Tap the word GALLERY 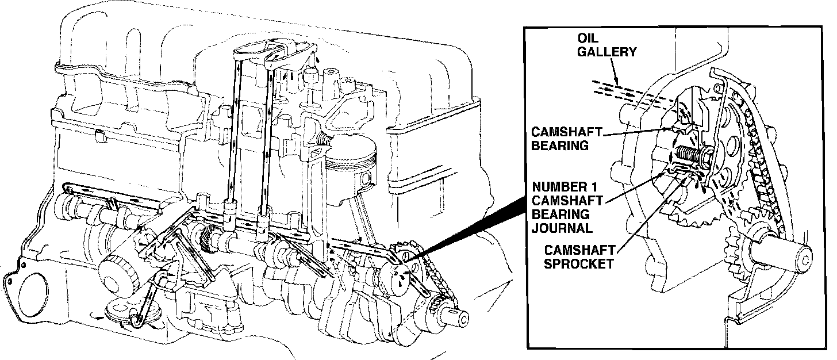(607, 52)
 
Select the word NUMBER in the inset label (556, 187)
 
